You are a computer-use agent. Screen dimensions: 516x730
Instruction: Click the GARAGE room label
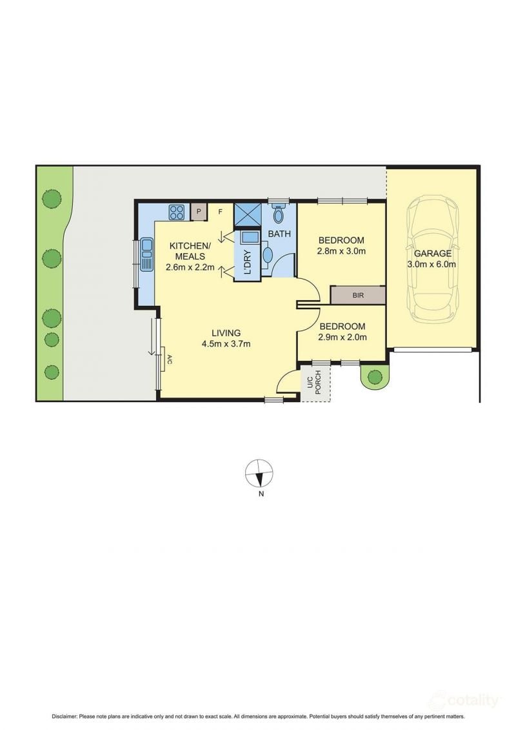click(x=433, y=254)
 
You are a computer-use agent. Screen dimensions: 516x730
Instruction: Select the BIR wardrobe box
click(x=358, y=295)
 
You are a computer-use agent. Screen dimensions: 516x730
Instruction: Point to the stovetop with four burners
click(x=176, y=212)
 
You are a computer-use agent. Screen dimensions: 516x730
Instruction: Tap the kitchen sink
click(x=146, y=254)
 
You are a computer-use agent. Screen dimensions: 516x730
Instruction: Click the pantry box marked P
click(x=199, y=212)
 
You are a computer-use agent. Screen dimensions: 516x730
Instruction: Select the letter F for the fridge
click(x=221, y=212)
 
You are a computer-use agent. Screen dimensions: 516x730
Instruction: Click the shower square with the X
click(x=247, y=215)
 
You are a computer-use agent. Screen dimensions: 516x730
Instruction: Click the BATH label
click(x=279, y=234)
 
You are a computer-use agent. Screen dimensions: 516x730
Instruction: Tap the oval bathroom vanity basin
click(x=268, y=255)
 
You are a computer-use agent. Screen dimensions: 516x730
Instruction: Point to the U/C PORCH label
click(x=314, y=382)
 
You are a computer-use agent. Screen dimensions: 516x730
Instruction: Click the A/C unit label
click(x=170, y=360)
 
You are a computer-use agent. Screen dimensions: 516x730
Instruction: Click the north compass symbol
click(x=259, y=473)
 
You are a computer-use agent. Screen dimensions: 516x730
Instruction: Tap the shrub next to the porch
click(x=373, y=376)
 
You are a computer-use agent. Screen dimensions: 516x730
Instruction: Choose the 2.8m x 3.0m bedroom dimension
click(x=341, y=252)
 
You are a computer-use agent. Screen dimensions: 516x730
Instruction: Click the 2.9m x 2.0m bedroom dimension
click(x=342, y=338)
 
